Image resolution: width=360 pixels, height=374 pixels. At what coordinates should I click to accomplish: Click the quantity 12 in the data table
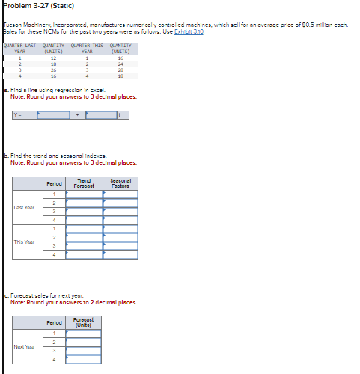[x=53, y=58]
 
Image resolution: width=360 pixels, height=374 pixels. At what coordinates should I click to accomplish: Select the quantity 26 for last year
[x=53, y=70]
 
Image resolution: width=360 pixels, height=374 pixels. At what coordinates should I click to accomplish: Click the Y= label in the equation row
[x=19, y=115]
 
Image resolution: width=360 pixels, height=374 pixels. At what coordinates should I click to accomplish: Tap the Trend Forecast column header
[x=84, y=183]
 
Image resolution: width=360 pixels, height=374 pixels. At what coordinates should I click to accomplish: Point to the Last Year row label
[x=24, y=207]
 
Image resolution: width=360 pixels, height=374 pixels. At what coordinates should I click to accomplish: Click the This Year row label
[x=24, y=242]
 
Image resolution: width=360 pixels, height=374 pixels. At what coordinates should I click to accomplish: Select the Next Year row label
[x=24, y=346]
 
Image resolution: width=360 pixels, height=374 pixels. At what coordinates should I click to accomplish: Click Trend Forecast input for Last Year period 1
[x=84, y=194]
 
